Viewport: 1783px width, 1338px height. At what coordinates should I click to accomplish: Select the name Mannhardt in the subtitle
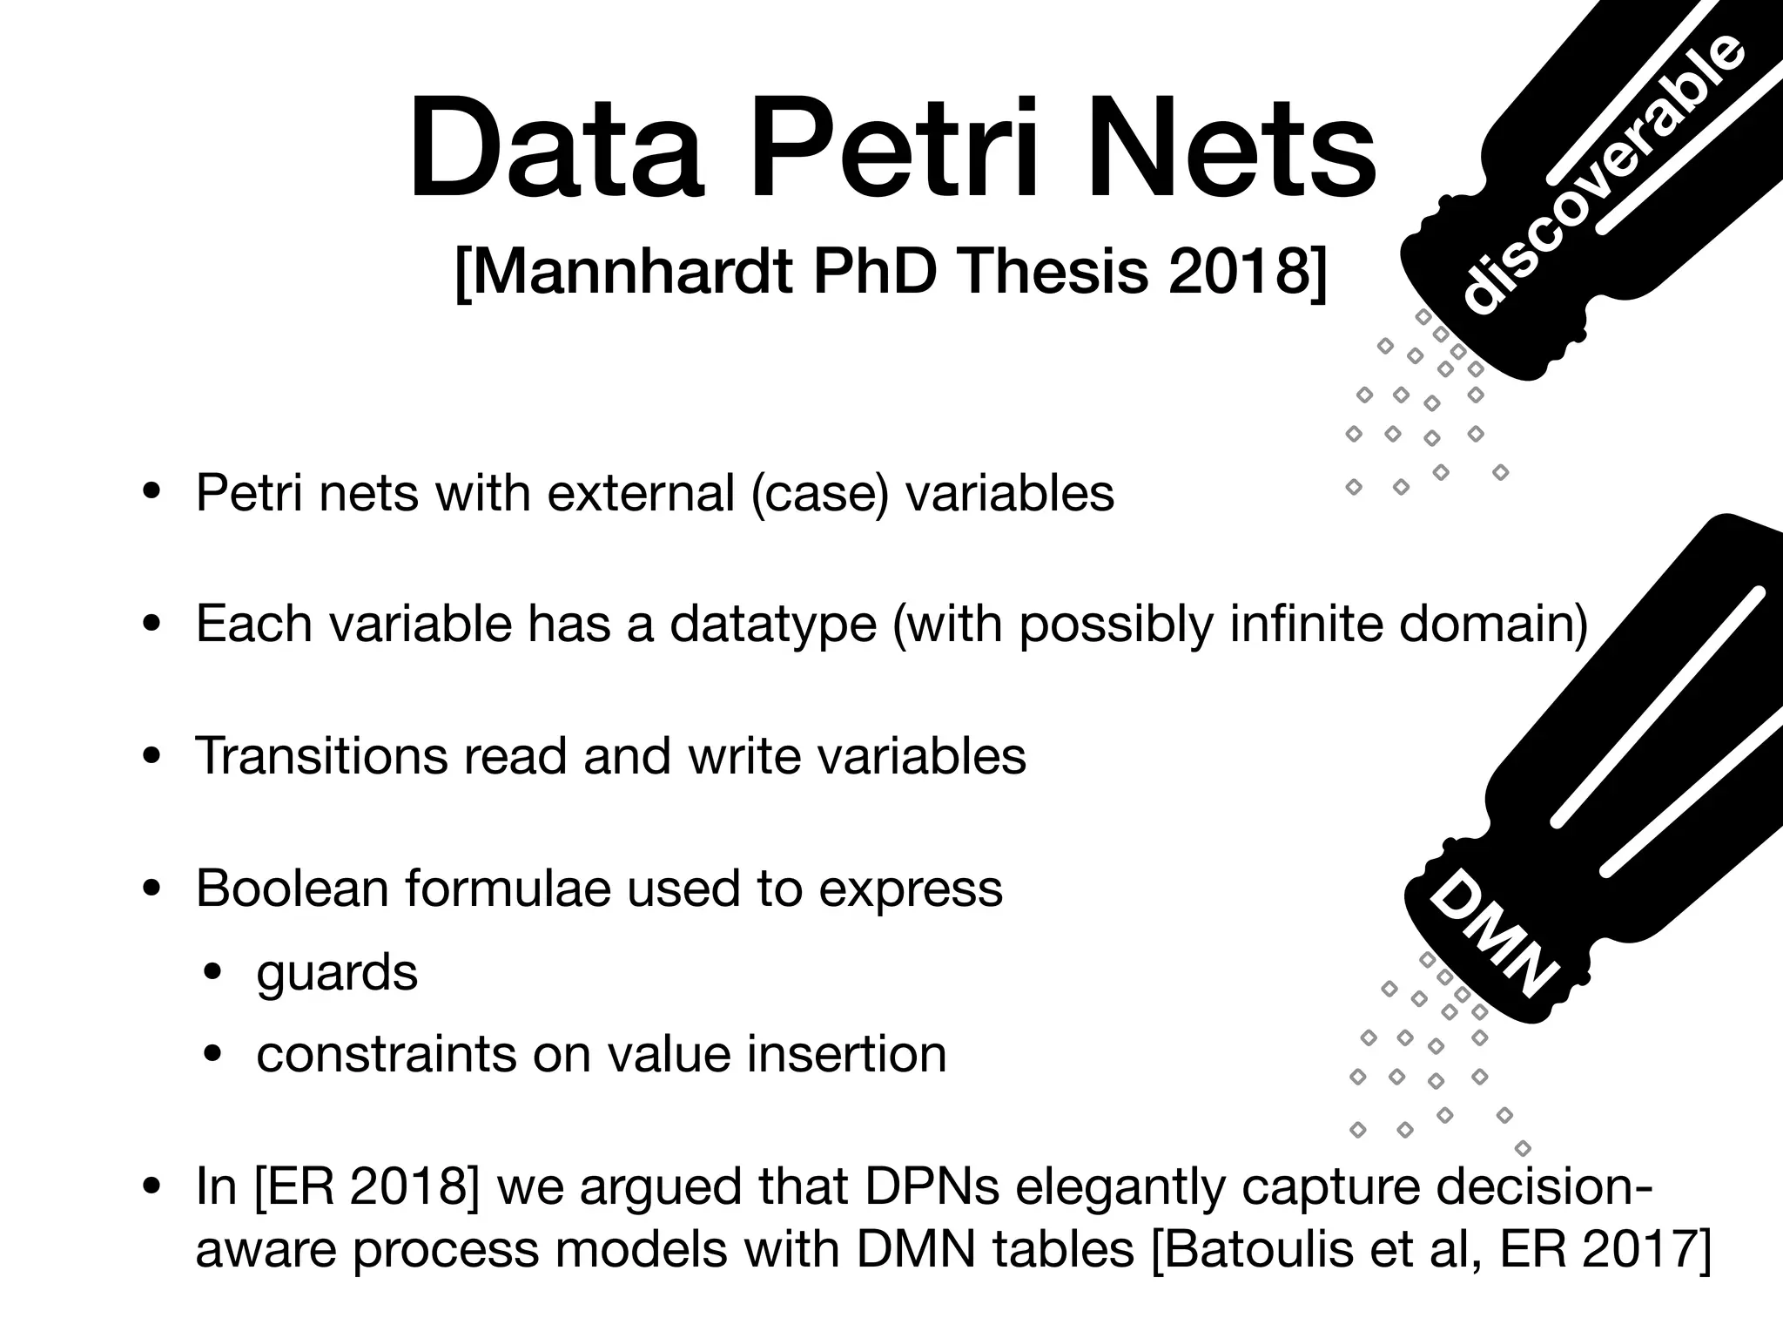click(623, 272)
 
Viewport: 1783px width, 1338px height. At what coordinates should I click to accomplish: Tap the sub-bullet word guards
click(337, 973)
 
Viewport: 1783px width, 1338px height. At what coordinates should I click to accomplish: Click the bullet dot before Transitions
click(153, 756)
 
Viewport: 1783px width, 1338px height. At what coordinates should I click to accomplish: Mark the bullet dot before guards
click(214, 972)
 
